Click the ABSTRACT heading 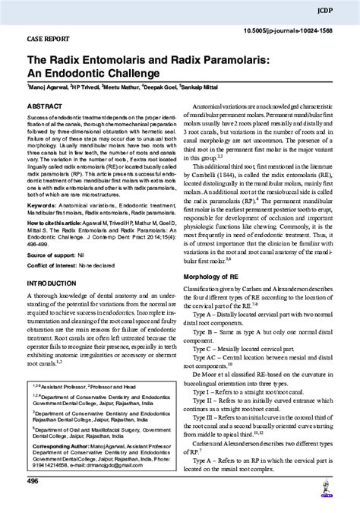(x=45, y=108)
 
